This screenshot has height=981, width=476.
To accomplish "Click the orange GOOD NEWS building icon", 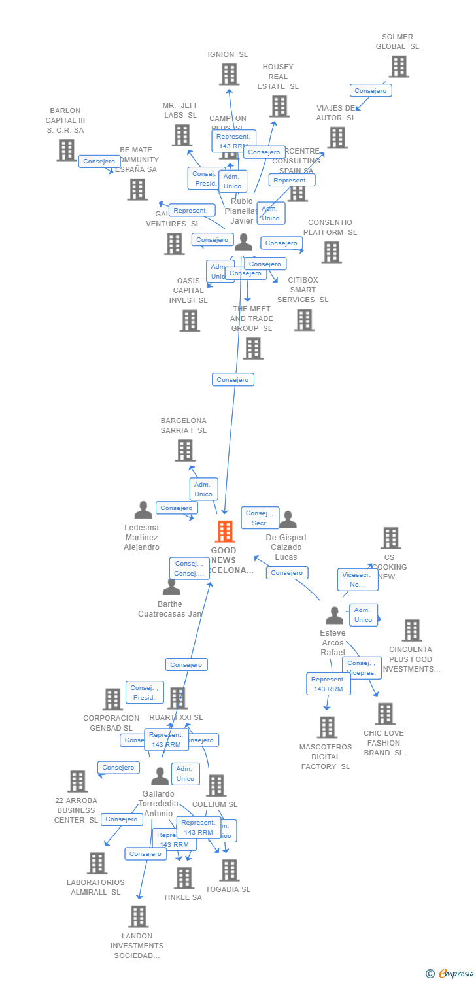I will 225,532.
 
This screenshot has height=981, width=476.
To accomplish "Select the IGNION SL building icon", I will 229,75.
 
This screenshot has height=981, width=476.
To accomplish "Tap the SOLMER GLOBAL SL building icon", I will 398,67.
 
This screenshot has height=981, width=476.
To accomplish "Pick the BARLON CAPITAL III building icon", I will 66,150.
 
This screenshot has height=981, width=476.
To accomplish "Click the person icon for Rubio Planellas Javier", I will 243,243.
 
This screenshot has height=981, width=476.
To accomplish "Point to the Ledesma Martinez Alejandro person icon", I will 143,510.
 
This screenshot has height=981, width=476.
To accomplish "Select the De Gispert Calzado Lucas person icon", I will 288,521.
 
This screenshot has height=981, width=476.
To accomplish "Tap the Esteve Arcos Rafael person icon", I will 334,615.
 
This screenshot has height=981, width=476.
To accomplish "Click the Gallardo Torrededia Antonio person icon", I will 160,776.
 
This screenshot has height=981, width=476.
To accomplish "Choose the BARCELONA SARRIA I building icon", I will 185,451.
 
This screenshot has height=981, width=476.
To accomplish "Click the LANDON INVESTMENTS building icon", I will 138,917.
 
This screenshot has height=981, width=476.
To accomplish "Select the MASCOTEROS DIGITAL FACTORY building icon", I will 326,727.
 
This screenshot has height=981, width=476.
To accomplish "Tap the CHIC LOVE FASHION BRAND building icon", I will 384,714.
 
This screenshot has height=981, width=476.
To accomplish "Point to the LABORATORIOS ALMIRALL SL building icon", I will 96,863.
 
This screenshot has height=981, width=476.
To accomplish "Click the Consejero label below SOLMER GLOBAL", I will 371,91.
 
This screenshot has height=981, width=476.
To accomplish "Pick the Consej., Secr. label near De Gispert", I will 260,518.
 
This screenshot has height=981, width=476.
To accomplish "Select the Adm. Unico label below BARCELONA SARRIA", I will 203,489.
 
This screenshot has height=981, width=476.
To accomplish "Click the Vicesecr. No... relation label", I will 358,579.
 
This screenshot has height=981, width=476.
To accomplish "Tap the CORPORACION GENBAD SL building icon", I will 112,699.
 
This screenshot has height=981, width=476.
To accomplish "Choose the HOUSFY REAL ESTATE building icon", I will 279,106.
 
